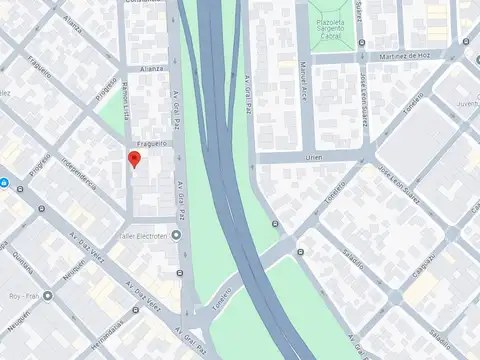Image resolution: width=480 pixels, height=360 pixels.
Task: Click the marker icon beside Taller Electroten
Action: click(x=177, y=236)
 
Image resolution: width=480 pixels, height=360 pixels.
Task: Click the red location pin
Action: click(x=134, y=159)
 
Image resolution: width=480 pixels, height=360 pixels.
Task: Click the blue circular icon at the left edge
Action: click(x=4, y=183)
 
